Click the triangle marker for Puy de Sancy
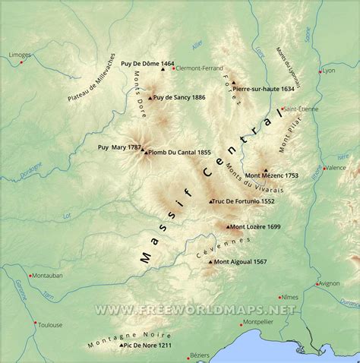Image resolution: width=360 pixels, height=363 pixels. [x=150, y=97]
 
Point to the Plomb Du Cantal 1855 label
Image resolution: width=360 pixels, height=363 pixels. [x=180, y=152]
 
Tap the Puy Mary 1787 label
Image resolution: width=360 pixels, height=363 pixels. [x=120, y=147]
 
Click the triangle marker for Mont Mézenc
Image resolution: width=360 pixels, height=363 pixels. [x=265, y=171]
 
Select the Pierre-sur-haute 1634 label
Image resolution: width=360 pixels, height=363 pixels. [x=264, y=89]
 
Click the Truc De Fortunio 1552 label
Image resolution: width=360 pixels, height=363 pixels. [x=244, y=201]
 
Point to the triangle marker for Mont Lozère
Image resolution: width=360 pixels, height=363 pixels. [x=226, y=226]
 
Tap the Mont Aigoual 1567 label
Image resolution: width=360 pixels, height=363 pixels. [x=240, y=262]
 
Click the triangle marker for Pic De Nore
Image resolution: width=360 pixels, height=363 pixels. [x=121, y=346]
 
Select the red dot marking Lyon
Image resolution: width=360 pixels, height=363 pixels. [x=320, y=71]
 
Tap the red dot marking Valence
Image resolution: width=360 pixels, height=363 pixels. [x=323, y=168]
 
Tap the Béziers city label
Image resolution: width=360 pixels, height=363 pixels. [x=199, y=355]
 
